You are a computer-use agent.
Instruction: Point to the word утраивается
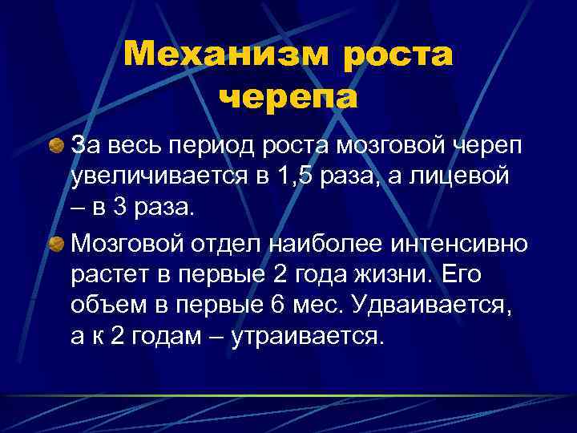pos(305,338)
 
